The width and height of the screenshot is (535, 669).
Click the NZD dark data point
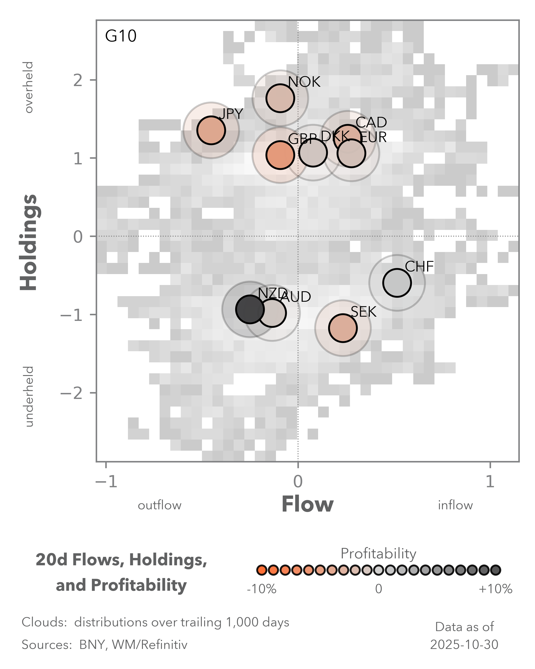click(250, 309)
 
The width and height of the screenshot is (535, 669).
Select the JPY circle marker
click(211, 130)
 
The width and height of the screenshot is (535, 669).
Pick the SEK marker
click(343, 328)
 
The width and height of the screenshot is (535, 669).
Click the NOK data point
click(280, 98)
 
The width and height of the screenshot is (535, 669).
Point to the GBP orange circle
click(280, 155)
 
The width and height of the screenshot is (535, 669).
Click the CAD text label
click(371, 122)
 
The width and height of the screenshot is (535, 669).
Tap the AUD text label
click(295, 297)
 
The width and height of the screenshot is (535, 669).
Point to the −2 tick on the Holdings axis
click(71, 393)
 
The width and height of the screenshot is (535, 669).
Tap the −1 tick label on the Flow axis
click(106, 482)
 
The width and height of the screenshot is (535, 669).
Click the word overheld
click(29, 87)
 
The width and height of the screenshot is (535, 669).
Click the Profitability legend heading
click(378, 553)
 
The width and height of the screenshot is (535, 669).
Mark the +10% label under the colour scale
click(495, 589)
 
